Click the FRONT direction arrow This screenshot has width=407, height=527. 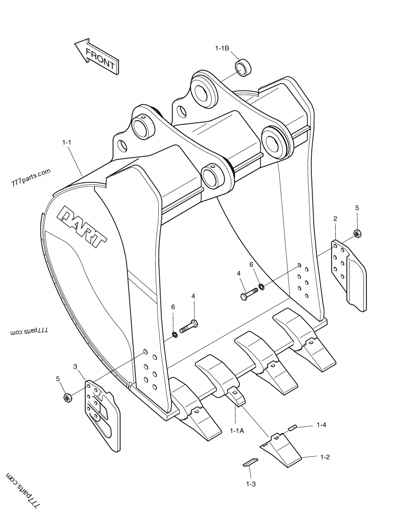tap(96, 57)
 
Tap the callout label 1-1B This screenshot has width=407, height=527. tap(222, 48)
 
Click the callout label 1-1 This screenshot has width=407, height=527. tap(67, 143)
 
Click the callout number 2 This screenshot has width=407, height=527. tap(335, 218)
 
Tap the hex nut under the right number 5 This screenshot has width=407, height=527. tap(357, 234)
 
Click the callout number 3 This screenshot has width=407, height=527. tap(75, 367)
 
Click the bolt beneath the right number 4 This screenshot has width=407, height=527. tap(249, 294)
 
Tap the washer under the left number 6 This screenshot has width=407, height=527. tap(174, 334)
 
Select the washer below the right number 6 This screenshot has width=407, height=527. tap(261, 286)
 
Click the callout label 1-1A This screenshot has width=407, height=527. tap(237, 431)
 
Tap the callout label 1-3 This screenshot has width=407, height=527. tap(251, 484)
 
